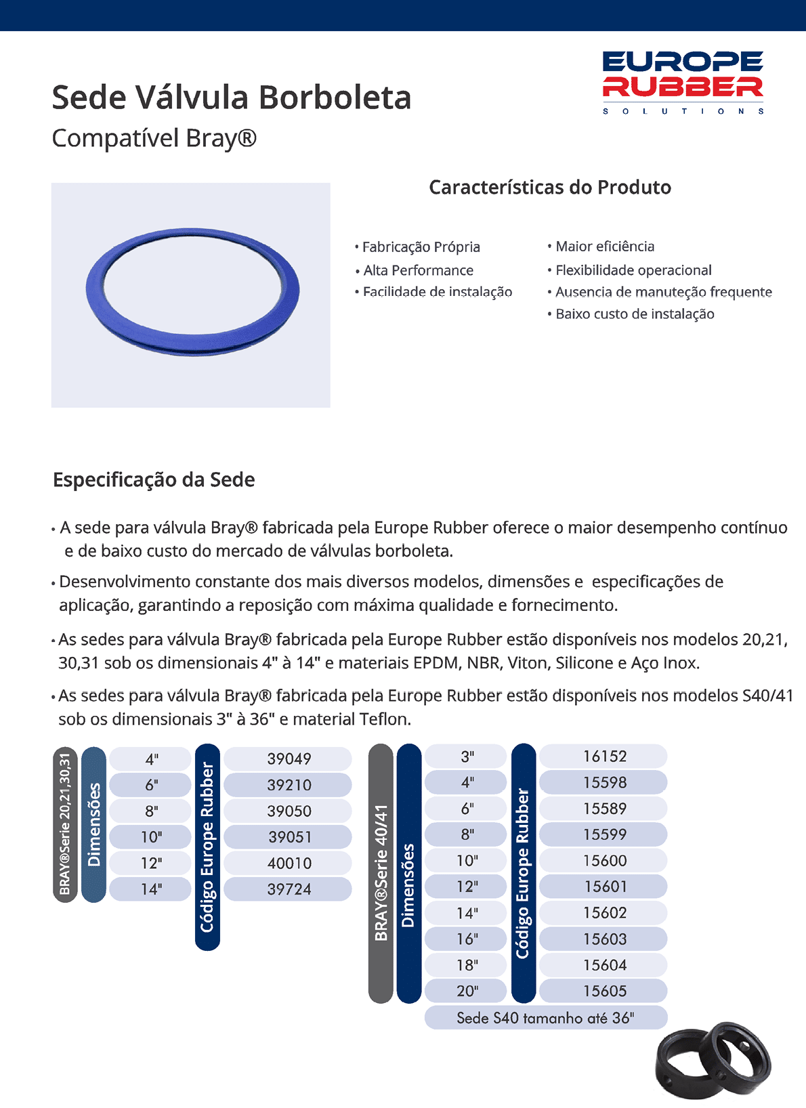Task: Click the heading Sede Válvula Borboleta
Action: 232,98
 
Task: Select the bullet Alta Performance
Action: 418,270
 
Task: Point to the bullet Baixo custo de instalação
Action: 635,314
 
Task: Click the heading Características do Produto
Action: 550,188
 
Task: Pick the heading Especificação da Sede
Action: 154,480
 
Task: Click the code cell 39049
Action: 289,759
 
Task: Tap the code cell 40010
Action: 289,863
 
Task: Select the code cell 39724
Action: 289,889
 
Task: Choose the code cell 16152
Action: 604,756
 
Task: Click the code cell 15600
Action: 604,860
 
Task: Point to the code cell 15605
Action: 604,991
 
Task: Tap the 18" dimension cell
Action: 467,965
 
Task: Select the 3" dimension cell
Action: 467,756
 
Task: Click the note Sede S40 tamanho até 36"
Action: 545,1018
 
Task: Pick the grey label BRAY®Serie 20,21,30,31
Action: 65,824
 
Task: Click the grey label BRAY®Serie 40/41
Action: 381,873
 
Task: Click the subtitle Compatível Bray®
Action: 154,138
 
